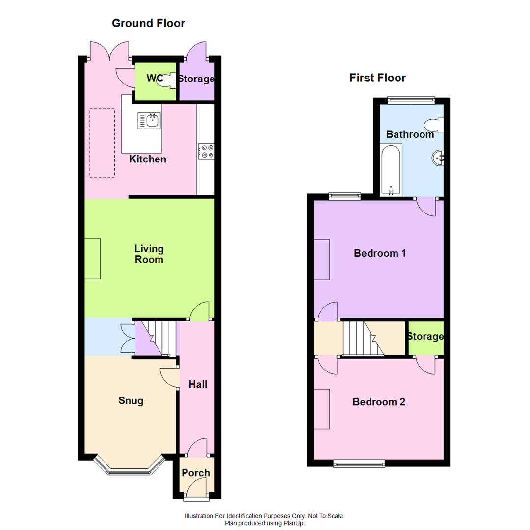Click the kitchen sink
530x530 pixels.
(149, 121)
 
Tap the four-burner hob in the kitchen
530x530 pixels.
(206, 152)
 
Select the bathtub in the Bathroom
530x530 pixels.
(391, 170)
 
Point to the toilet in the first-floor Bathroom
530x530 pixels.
(434, 125)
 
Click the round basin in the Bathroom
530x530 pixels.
(438, 158)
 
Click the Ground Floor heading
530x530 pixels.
(148, 23)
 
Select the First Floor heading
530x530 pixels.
(377, 78)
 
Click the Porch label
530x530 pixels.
(196, 473)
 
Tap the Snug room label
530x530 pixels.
(131, 401)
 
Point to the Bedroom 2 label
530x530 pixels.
(378, 402)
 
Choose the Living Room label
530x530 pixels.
(149, 254)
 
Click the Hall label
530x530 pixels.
(198, 384)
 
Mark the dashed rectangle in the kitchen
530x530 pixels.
(102, 143)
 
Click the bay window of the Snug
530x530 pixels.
(129, 466)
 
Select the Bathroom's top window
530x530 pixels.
(411, 99)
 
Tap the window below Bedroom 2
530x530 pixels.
(359, 464)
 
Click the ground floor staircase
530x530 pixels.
(159, 338)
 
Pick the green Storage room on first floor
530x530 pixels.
(426, 338)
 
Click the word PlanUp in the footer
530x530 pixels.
(294, 523)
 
